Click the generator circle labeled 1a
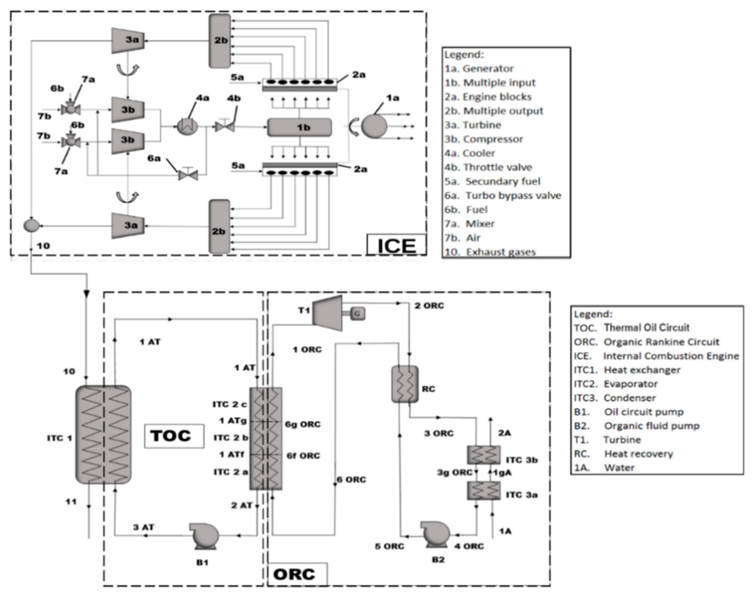(374, 126)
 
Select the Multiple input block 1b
(300, 127)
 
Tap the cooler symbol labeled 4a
(187, 126)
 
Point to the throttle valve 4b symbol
(224, 126)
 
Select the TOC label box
(174, 436)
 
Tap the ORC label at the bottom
(294, 574)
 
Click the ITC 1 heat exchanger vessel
(104, 435)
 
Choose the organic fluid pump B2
(436, 533)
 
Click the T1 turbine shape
(328, 313)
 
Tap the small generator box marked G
(357, 314)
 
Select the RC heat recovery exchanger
(404, 384)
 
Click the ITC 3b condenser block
(483, 455)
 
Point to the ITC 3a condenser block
(483, 490)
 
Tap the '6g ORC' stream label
(302, 424)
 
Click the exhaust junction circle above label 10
(32, 226)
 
